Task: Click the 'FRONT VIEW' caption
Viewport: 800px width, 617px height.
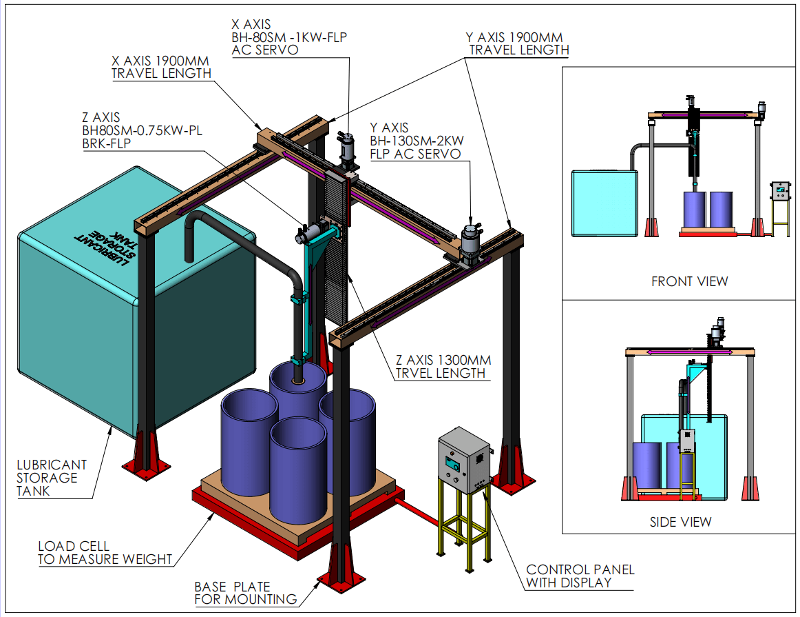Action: coord(689,281)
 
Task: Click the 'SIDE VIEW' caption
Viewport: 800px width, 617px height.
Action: coord(680,522)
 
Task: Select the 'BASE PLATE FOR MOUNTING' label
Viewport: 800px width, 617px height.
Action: coord(245,593)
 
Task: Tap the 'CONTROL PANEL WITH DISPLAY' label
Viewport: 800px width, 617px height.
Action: coord(580,576)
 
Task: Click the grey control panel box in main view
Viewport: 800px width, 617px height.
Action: coord(464,459)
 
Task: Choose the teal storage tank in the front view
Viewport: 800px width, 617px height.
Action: coord(604,204)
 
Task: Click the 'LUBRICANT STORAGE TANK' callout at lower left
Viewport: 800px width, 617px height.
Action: coord(52,478)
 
